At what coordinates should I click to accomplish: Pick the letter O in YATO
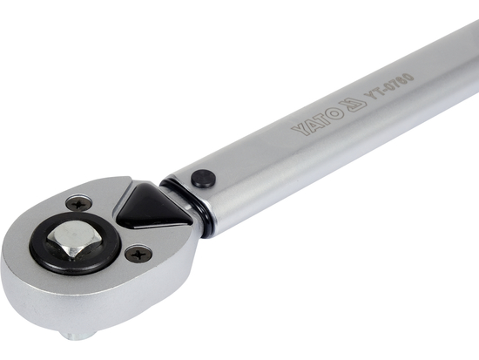click(x=334, y=112)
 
